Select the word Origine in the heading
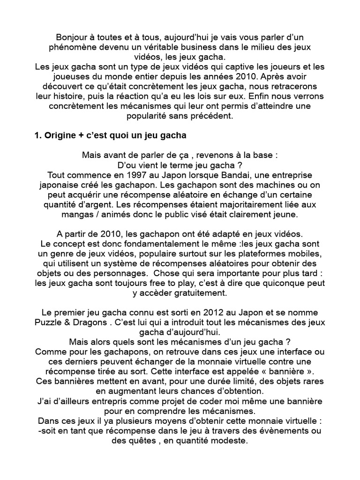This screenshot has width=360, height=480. tap(61, 136)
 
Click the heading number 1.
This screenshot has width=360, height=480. tap(37, 136)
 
